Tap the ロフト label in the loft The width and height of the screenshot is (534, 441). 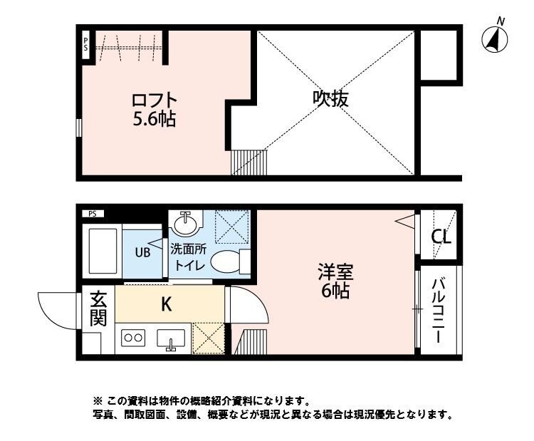[x=153, y=99]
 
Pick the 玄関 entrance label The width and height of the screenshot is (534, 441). [x=98, y=308]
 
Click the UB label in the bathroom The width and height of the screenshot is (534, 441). [x=143, y=251]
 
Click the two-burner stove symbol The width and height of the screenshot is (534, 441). [x=134, y=338]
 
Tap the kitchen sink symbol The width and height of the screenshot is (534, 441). [x=172, y=340]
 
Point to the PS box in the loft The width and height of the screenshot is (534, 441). [x=85, y=46]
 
